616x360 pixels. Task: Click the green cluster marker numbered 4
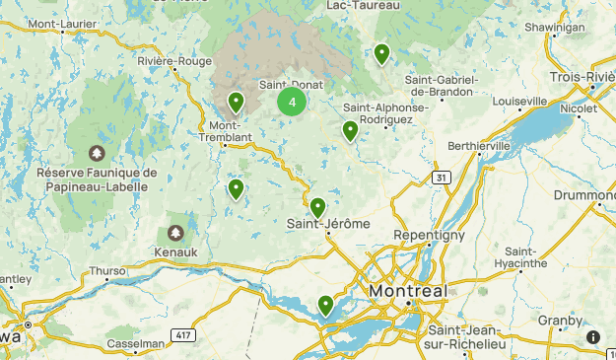pyautogui.click(x=292, y=102)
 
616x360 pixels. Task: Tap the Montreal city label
pyautogui.click(x=408, y=292)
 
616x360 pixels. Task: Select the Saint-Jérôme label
pyautogui.click(x=328, y=224)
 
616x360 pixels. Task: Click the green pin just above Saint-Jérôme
pyautogui.click(x=317, y=208)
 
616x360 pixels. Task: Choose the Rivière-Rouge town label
pyautogui.click(x=174, y=61)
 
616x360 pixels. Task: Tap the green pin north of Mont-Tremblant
pyautogui.click(x=237, y=102)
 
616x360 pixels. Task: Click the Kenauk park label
pyautogui.click(x=175, y=252)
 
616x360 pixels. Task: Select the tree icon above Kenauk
pyautogui.click(x=175, y=233)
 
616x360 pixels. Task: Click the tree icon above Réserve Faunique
pyautogui.click(x=97, y=153)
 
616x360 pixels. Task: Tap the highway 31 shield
pyautogui.click(x=441, y=178)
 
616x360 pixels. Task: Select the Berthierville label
pyautogui.click(x=479, y=145)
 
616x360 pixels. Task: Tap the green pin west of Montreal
pyautogui.click(x=325, y=306)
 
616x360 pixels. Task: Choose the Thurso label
pyautogui.click(x=106, y=270)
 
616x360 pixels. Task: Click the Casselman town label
pyautogui.click(x=136, y=344)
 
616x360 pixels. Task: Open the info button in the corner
pyautogui.click(x=593, y=337)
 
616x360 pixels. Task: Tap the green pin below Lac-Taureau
pyautogui.click(x=381, y=53)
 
